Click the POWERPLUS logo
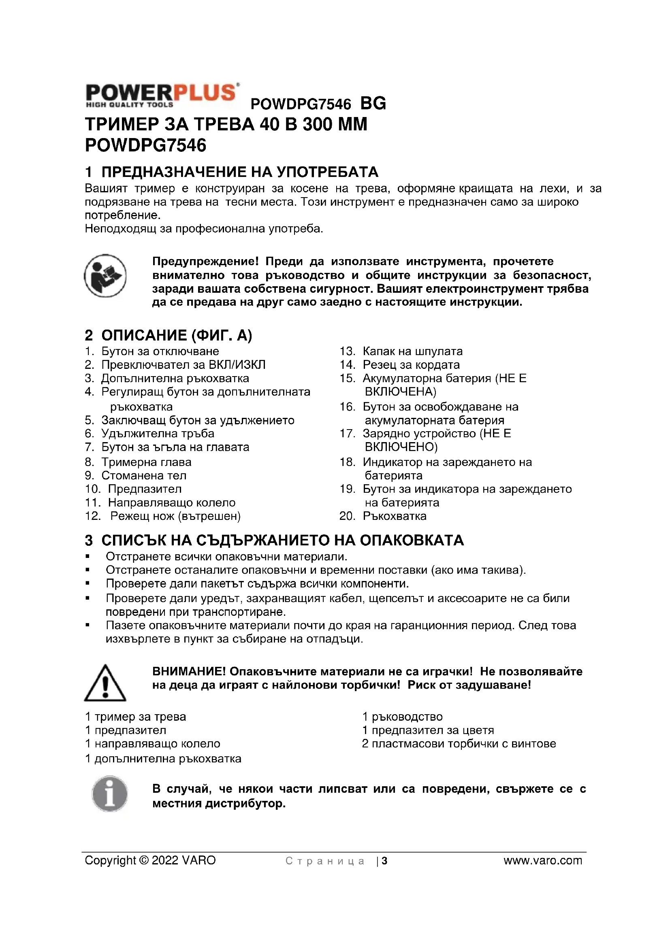(x=162, y=96)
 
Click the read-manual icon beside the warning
(x=105, y=276)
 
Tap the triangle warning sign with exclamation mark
(x=105, y=683)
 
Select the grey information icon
(x=109, y=794)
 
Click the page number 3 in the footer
(x=384, y=861)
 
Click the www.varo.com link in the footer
(x=542, y=860)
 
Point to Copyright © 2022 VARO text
(x=150, y=860)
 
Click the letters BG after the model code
(x=373, y=103)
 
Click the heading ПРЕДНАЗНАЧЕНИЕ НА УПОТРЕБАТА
(x=239, y=172)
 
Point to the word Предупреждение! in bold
(x=205, y=262)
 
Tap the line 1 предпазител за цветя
(x=428, y=730)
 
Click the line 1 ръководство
(x=402, y=717)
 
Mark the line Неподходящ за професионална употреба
(x=204, y=228)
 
